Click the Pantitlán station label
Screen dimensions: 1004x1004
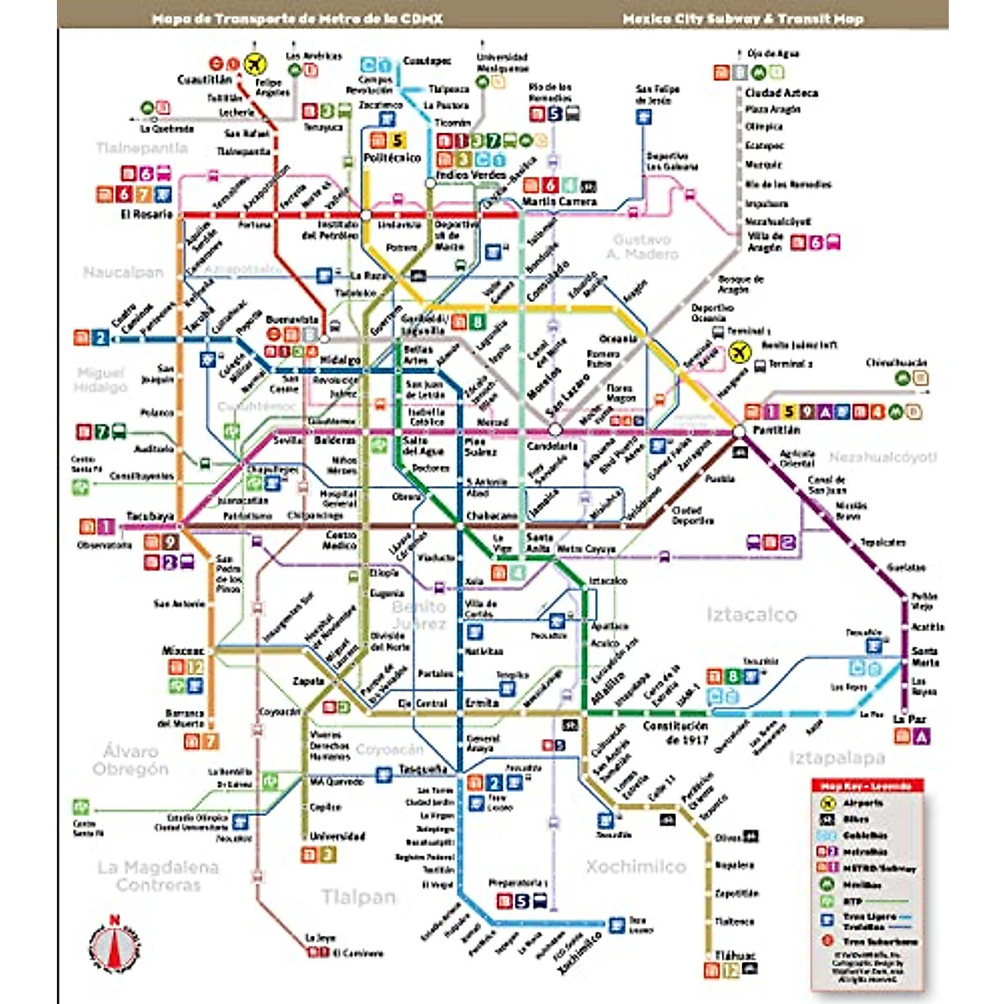pyautogui.click(x=776, y=430)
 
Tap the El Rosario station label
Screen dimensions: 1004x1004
pyautogui.click(x=146, y=214)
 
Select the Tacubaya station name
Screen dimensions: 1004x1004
pyautogui.click(x=150, y=516)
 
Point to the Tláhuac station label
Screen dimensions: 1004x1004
pyautogui.click(x=735, y=955)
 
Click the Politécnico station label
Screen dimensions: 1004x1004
pyautogui.click(x=392, y=158)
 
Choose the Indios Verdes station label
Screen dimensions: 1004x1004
pyautogui.click(x=471, y=175)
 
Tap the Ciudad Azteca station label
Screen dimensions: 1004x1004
pyautogui.click(x=781, y=93)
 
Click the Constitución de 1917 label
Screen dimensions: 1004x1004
pyautogui.click(x=675, y=732)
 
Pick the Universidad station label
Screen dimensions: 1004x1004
pyautogui.click(x=337, y=836)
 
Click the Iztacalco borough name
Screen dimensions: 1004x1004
pyautogui.click(x=750, y=615)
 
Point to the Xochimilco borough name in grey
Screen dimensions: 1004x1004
pyautogui.click(x=635, y=866)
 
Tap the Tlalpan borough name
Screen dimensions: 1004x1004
pyautogui.click(x=358, y=897)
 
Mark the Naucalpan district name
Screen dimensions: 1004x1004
pyautogui.click(x=123, y=272)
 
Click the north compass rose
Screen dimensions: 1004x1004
pyautogui.click(x=115, y=946)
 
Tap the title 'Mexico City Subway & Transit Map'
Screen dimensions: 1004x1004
pyautogui.click(x=742, y=18)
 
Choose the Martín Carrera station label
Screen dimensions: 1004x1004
pyautogui.click(x=559, y=202)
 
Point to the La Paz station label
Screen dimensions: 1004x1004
pyautogui.click(x=909, y=720)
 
